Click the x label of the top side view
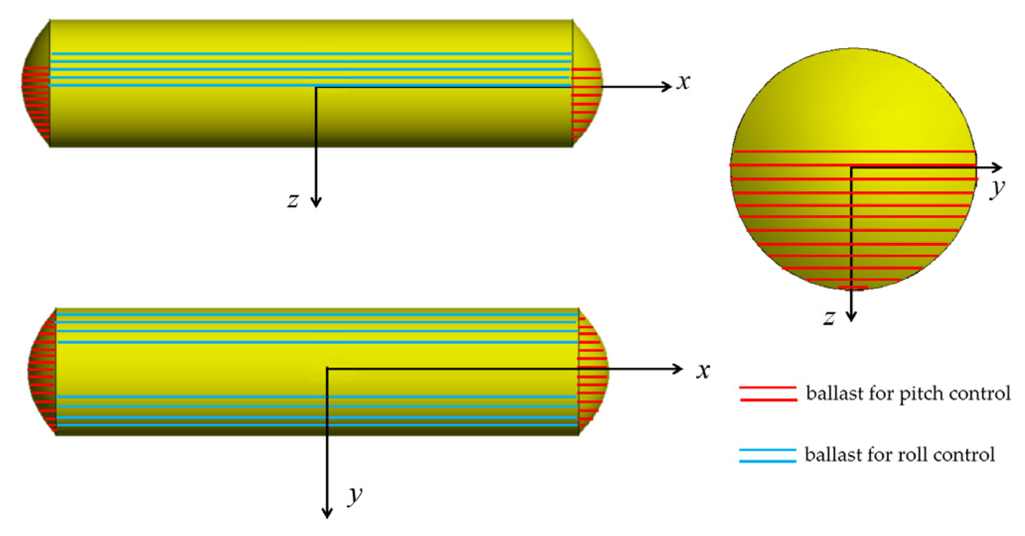point(683,82)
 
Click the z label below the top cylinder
point(293,200)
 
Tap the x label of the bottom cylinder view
point(703,371)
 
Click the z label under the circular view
point(829,317)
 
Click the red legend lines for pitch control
point(768,393)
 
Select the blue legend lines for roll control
point(768,455)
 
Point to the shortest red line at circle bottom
point(853,288)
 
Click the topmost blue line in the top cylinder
point(312,54)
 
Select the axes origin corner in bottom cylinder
point(327,368)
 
